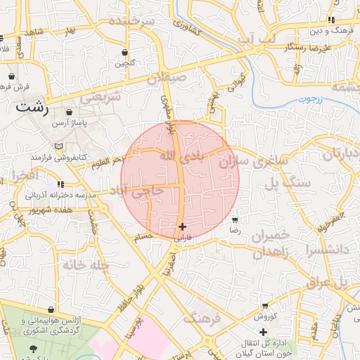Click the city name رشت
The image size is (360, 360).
pos(32,108)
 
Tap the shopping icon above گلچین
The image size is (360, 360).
pos(125,52)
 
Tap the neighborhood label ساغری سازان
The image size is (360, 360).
pos(255,160)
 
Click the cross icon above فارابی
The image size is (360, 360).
pos(183,226)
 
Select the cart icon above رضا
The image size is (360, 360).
pos(235,220)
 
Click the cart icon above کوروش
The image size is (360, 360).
pos(264,306)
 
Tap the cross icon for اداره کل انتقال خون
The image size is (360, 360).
pos(263,331)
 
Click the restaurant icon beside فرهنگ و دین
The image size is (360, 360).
pos(331,20)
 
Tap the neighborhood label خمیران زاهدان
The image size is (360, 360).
pos(265,243)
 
